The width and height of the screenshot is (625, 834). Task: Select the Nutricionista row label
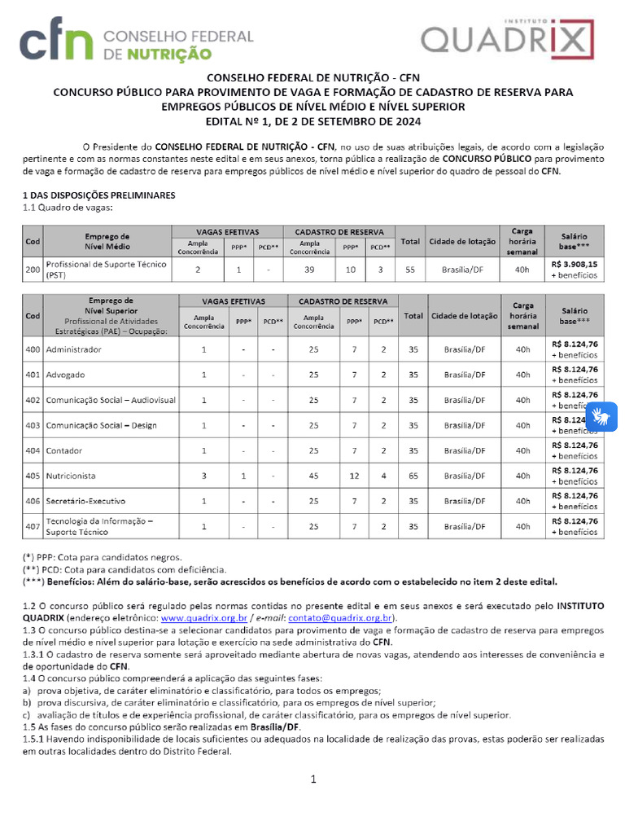point(71,476)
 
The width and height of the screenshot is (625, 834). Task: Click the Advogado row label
point(65,375)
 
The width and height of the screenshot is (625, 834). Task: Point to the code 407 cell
point(33,526)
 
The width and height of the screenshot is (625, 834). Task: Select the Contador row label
point(64,450)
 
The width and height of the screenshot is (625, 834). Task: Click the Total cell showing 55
point(410,269)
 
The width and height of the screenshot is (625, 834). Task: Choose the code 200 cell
point(33,269)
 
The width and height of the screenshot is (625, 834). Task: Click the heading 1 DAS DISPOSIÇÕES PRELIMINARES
point(98,196)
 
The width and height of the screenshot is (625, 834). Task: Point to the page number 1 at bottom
point(312,779)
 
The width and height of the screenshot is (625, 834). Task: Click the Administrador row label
point(74,349)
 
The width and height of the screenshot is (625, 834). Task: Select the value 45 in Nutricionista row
point(313,476)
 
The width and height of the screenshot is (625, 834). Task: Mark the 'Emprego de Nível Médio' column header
point(107,241)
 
